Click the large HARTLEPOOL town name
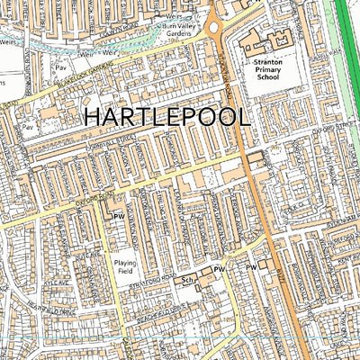(167, 117)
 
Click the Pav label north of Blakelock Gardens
(62, 67)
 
